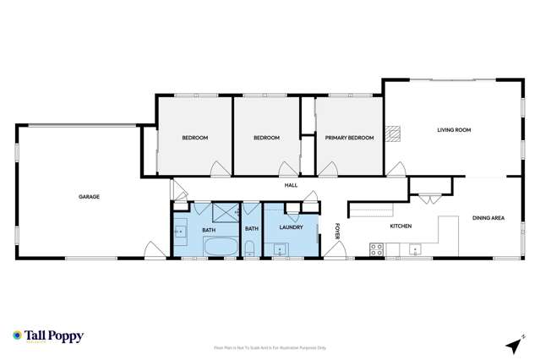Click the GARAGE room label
click(90, 196)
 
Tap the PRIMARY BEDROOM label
click(349, 138)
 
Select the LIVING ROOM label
click(454, 130)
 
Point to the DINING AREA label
click(488, 218)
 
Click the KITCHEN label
click(400, 226)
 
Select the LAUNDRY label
click(290, 226)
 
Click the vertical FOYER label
click(336, 230)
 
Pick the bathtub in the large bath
click(222, 248)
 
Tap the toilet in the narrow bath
click(251, 248)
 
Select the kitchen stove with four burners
click(377, 249)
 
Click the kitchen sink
click(415, 249)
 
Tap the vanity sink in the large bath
click(180, 230)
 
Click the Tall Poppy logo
click(48, 335)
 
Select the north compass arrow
click(512, 344)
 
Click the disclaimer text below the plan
click(270, 346)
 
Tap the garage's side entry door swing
click(154, 250)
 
